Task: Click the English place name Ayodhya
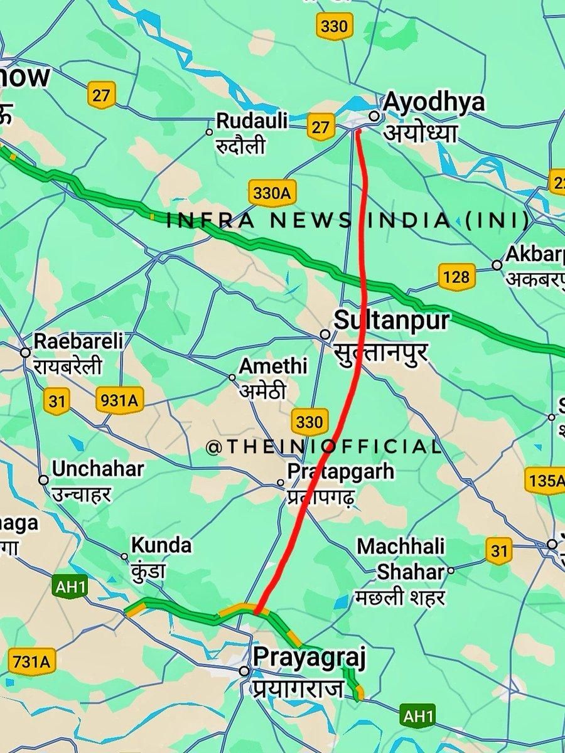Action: click(434, 102)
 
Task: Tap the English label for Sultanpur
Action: click(391, 320)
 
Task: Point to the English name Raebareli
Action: click(78, 342)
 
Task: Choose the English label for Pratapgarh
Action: click(340, 470)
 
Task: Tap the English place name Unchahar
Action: click(98, 469)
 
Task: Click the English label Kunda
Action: click(161, 545)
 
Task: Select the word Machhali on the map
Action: click(401, 546)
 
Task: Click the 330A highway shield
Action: click(272, 193)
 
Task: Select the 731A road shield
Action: click(30, 661)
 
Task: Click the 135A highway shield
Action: click(545, 481)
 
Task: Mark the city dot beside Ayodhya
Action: click(374, 115)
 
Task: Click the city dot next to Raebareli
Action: click(25, 353)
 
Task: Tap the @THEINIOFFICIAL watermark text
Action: click(324, 447)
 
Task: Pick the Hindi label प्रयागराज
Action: click(299, 688)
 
